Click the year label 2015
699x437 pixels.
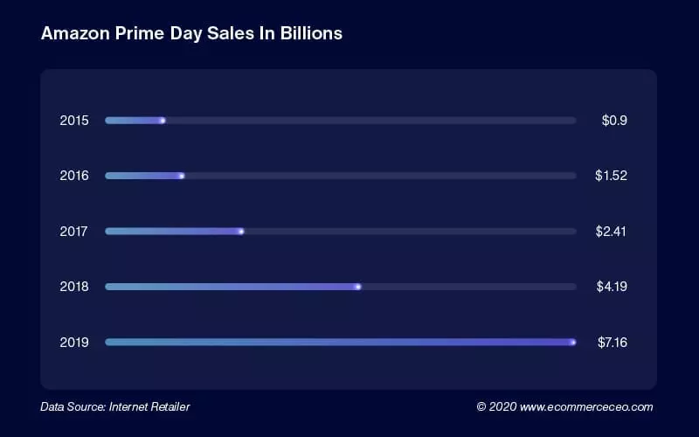tap(74, 120)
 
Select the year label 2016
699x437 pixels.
tap(74, 176)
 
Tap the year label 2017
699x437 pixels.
tap(74, 232)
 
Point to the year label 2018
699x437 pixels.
tap(74, 287)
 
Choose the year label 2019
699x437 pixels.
tap(74, 342)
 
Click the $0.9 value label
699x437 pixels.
tap(614, 120)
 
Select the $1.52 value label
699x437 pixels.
tap(611, 176)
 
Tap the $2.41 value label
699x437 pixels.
tap(611, 232)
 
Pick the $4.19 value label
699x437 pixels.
tap(611, 287)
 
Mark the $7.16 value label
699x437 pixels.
tap(611, 342)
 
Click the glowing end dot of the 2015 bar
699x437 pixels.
tap(163, 120)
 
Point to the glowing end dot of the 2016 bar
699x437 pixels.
tap(182, 176)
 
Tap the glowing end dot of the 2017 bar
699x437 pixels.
tap(241, 232)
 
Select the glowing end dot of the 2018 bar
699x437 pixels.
tap(358, 287)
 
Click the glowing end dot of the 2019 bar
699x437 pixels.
tap(573, 342)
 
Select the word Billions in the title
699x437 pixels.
tap(309, 34)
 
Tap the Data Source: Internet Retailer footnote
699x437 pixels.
tap(114, 406)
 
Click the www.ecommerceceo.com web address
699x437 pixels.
tap(586, 406)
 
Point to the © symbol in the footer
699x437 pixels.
tap(481, 406)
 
